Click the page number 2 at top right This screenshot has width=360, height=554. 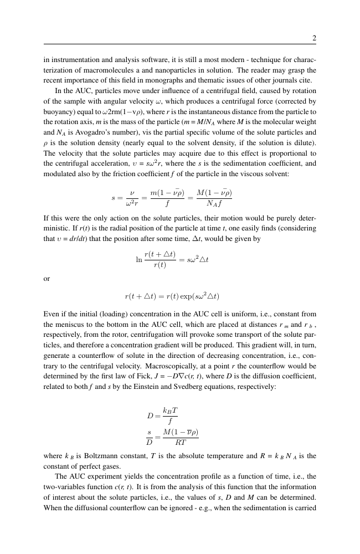point(314,38)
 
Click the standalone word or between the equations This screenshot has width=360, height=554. point(47,279)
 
